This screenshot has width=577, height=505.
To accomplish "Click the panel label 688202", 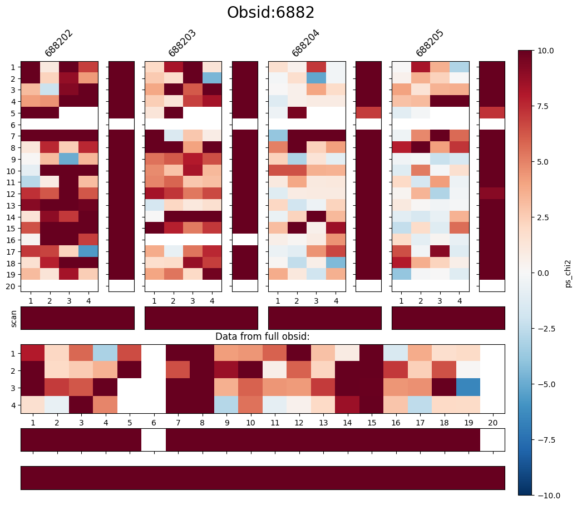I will click(x=58, y=43).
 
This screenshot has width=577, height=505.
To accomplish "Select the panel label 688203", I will click(x=182, y=43).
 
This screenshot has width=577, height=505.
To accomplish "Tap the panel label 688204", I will click(x=305, y=43).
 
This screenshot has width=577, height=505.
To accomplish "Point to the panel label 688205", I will click(x=429, y=43).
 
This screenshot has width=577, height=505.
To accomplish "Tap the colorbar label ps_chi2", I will click(x=568, y=273).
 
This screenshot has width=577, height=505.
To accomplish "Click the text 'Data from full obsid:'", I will click(x=262, y=336).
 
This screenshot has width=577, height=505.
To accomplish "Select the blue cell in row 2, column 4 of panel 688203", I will click(x=212, y=78).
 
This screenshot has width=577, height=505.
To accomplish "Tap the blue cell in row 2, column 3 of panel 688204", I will click(x=316, y=78).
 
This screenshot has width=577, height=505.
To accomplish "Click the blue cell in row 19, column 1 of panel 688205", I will click(x=402, y=274).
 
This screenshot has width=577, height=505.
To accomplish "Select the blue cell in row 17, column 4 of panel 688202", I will click(x=88, y=251).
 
